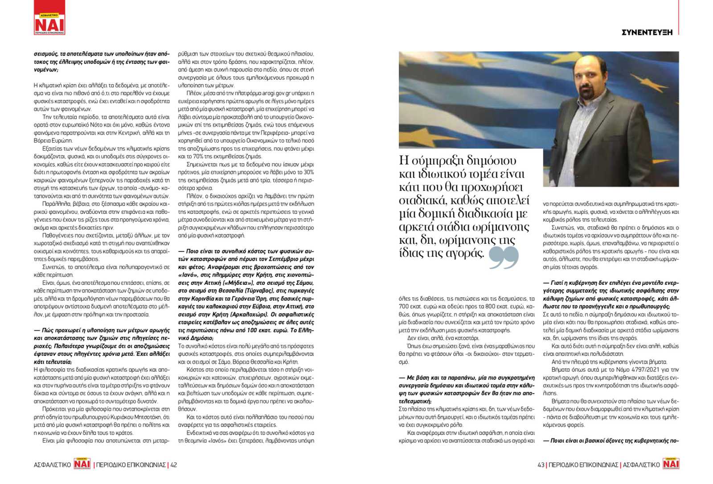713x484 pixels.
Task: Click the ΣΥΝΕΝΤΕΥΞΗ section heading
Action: pos(647,32)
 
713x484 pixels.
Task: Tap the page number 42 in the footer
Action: pos(174,465)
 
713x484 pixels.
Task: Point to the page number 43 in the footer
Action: pos(541,465)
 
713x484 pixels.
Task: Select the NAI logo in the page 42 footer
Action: pos(82,464)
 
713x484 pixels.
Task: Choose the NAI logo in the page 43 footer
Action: pos(671,464)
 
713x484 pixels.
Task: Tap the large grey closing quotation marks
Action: pos(504,257)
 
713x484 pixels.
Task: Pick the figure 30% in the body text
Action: pos(308,172)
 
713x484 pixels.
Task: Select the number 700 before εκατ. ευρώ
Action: pos(404,307)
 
